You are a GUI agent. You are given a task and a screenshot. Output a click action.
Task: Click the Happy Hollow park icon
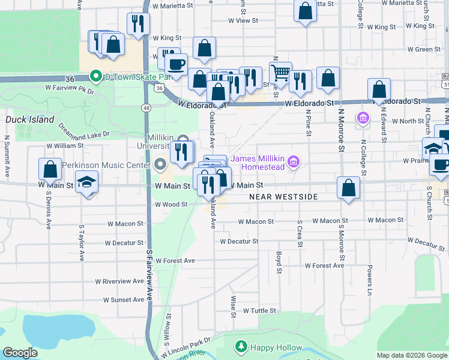coord(241,347)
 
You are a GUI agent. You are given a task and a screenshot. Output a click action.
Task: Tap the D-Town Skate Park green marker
coord(95,76)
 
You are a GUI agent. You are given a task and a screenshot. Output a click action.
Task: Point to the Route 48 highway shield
coord(146,107)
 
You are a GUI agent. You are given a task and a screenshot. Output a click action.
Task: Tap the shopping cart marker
coord(280,73)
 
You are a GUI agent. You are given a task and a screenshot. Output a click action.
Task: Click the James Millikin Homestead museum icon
coord(294,161)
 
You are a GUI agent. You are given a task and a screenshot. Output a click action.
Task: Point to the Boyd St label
coord(279,262)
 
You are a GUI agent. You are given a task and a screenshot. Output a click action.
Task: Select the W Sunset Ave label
coord(124,299)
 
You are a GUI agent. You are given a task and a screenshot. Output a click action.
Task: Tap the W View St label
coord(243,20)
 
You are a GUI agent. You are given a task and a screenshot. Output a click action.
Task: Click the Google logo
coord(20,353)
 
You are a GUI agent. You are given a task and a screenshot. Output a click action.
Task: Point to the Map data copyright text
coord(411,355)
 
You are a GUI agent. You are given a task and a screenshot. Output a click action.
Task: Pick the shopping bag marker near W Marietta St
coord(305,11)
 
